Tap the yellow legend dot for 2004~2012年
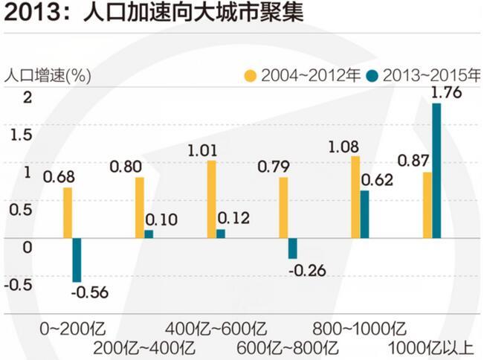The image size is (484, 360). [x=251, y=76]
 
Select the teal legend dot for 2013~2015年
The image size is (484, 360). [x=368, y=76]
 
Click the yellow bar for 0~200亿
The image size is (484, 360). [x=68, y=213]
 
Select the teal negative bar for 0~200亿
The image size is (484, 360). [x=77, y=260]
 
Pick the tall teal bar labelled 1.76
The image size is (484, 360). [x=436, y=171]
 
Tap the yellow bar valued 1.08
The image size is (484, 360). [x=355, y=197]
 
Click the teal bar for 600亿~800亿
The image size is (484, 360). [x=293, y=248]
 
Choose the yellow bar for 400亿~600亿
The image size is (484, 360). [x=211, y=199]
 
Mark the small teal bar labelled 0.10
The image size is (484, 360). [x=149, y=234]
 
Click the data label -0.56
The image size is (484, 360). [x=89, y=292]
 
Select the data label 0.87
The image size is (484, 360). [x=412, y=160]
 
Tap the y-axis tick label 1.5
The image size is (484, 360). [x=16, y=135]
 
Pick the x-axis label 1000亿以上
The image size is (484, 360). [x=432, y=347]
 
